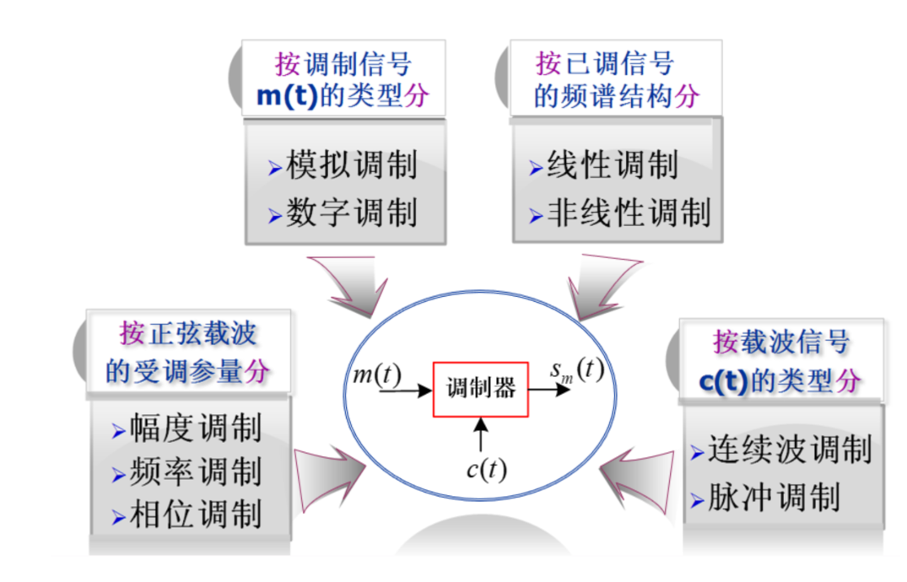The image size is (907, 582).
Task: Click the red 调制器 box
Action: coord(481,390)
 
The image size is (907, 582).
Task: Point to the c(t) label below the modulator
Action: coord(486,470)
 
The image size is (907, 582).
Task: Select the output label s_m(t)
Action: coord(577,370)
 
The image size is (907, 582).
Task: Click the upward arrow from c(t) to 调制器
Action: coord(481,435)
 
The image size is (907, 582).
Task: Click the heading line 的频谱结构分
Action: coord(616,95)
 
